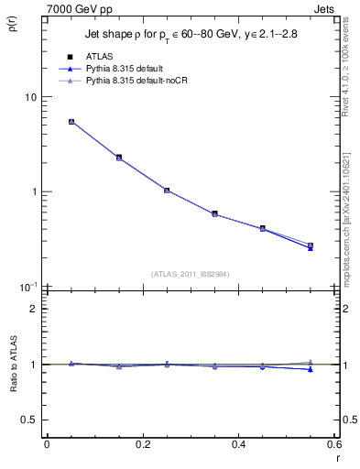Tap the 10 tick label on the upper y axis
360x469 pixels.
[29, 97]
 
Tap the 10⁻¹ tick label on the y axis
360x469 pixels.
[27, 287]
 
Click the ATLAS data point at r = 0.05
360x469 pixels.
[71, 121]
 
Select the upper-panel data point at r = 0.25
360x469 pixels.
[167, 190]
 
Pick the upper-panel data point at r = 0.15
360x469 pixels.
[119, 158]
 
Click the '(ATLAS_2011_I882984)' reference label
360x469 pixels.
[191, 274]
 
